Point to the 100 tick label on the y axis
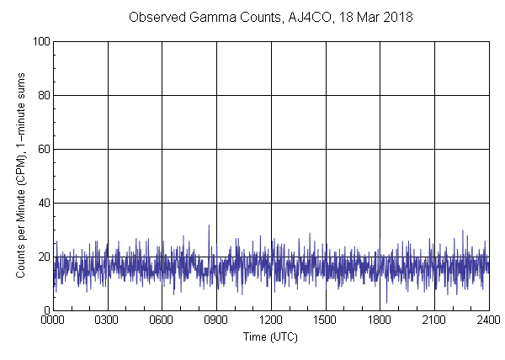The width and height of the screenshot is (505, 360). pyautogui.click(x=40, y=41)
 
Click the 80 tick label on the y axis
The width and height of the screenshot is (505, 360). pyautogui.click(x=43, y=95)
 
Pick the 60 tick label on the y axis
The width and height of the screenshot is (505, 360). pyautogui.click(x=43, y=149)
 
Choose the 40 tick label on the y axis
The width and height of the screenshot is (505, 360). pyautogui.click(x=43, y=203)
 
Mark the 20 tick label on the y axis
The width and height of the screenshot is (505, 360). pyautogui.click(x=43, y=257)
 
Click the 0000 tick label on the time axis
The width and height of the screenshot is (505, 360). pyautogui.click(x=53, y=320)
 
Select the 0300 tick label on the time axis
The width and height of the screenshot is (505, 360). pyautogui.click(x=108, y=320)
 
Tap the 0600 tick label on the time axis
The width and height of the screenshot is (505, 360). pyautogui.click(x=162, y=320)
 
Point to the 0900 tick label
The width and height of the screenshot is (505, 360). pyautogui.click(x=216, y=320)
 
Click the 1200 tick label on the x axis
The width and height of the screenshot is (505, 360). pyautogui.click(x=271, y=320)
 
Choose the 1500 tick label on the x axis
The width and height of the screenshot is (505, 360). pyautogui.click(x=325, y=320)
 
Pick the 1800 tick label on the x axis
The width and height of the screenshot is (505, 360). pyautogui.click(x=380, y=320)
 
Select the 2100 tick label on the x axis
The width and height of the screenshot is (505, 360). pyautogui.click(x=433, y=320)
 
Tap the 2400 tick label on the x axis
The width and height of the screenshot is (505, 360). pyautogui.click(x=488, y=320)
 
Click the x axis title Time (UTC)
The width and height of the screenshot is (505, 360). pyautogui.click(x=270, y=336)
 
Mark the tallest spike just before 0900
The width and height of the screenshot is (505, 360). pyautogui.click(x=209, y=226)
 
